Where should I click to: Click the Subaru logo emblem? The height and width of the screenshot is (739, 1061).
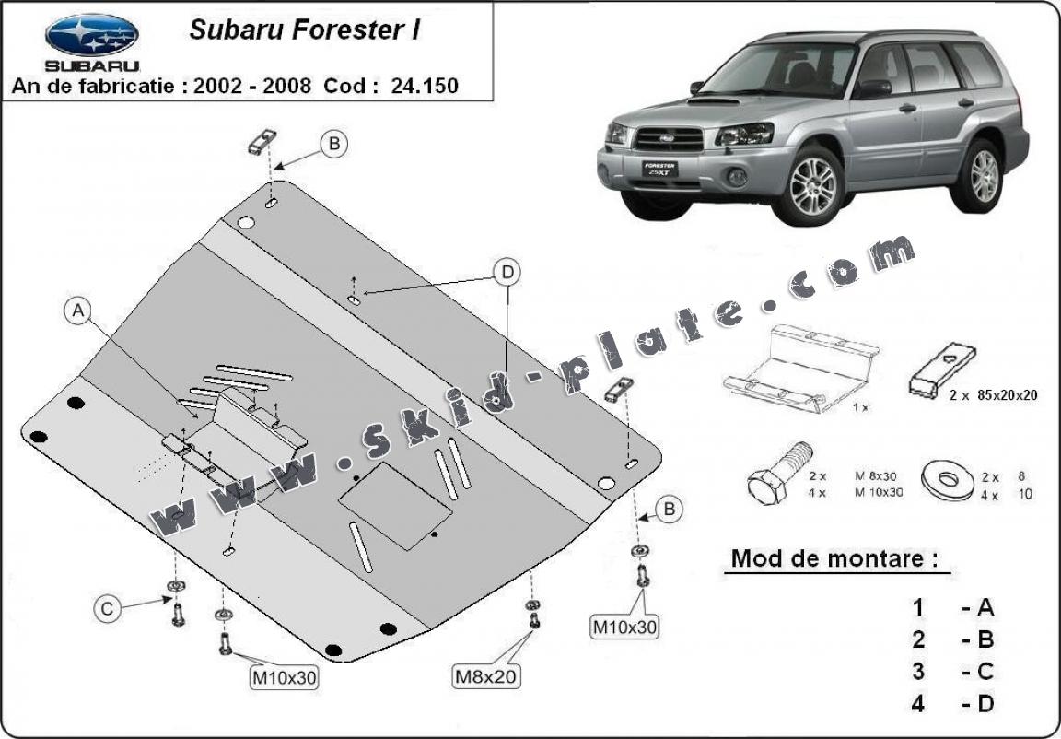tap(92, 35)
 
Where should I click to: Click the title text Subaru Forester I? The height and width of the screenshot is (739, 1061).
tap(305, 29)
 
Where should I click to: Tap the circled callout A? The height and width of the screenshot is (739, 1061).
tap(79, 311)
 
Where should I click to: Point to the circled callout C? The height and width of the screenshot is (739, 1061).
tap(107, 608)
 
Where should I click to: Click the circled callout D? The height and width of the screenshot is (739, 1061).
tap(506, 272)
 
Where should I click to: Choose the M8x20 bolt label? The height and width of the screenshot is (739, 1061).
tap(485, 676)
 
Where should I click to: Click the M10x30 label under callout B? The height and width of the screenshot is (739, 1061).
tap(625, 628)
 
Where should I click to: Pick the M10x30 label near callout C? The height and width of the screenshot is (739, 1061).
tap(285, 679)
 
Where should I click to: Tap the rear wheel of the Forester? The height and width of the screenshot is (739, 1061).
tap(985, 173)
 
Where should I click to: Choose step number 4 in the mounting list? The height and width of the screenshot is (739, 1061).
tap(917, 704)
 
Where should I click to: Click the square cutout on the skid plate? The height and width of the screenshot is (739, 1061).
tap(396, 508)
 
